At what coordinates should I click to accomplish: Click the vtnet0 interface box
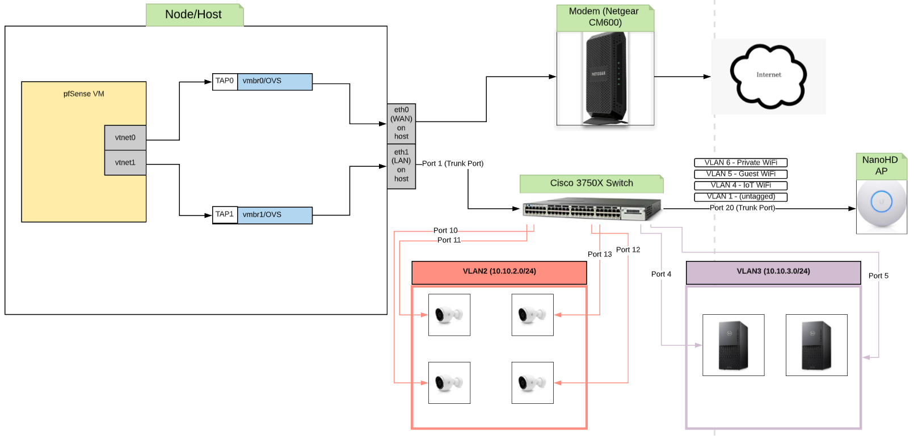[125, 138]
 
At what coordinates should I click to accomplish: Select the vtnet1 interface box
[125, 163]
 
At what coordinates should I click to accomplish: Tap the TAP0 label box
[225, 81]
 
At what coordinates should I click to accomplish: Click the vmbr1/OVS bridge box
[275, 215]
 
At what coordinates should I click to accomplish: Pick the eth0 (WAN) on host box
[401, 124]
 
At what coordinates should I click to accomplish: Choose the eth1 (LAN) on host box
[401, 166]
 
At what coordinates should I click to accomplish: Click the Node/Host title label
[194, 15]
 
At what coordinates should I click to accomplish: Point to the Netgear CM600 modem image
[605, 78]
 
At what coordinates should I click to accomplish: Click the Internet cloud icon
[768, 76]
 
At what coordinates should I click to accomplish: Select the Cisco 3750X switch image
[591, 209]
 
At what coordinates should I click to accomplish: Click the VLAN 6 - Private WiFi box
[740, 163]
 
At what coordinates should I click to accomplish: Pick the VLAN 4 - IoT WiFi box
[740, 185]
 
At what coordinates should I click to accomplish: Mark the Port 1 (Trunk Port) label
[453, 164]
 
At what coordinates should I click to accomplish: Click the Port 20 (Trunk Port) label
[742, 208]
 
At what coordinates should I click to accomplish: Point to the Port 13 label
[600, 255]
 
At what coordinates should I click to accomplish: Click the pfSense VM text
[84, 94]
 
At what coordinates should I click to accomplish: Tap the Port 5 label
[878, 276]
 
